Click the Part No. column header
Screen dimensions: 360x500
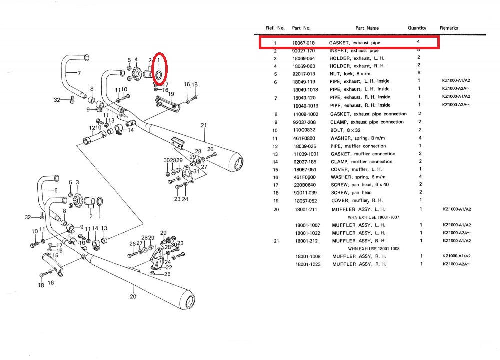[x=301, y=28]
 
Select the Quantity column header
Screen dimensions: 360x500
[x=417, y=28]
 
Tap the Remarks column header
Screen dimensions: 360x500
[x=449, y=28]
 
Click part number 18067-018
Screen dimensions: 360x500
[x=303, y=43]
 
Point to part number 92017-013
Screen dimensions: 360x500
[x=303, y=73]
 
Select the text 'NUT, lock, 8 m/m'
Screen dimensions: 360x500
[x=349, y=73]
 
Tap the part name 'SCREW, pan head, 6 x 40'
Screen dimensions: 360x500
[x=356, y=184]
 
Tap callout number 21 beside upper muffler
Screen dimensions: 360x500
[x=203, y=125]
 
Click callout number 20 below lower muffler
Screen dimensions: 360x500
[x=133, y=296]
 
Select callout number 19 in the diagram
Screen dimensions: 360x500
[x=171, y=94]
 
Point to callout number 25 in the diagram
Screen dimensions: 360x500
[x=168, y=274]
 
